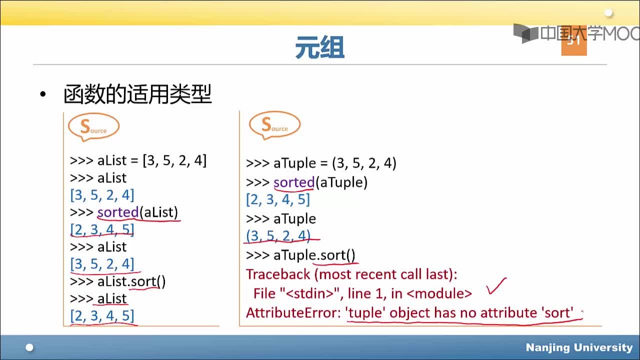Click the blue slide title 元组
[x=319, y=47]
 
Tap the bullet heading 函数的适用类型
[x=137, y=94]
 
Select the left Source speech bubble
[x=93, y=127]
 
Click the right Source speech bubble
[x=274, y=125]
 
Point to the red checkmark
[x=497, y=285]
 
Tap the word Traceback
[x=278, y=274]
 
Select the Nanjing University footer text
[x=579, y=347]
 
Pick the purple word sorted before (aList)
[x=118, y=212]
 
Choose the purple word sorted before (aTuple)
[x=294, y=182]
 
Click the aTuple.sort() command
[x=314, y=255]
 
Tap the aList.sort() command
[x=131, y=281]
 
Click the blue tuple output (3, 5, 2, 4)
[x=278, y=236]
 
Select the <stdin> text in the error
[x=310, y=293]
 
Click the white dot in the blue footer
[x=29, y=347]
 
